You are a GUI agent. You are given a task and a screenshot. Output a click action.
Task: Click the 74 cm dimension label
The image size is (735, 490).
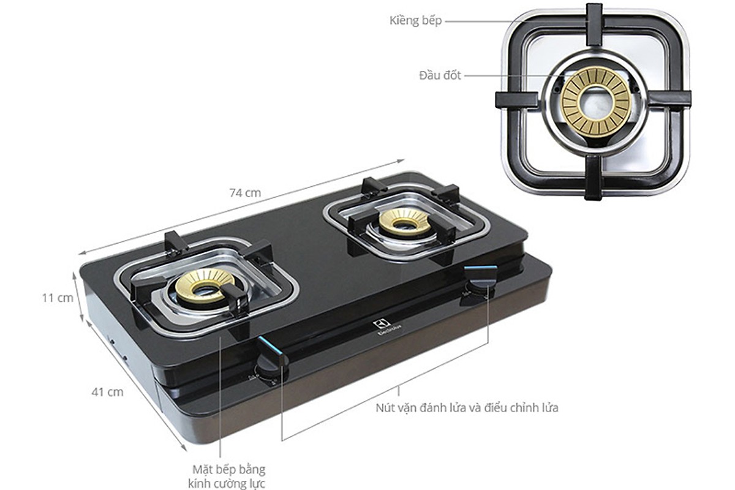245,193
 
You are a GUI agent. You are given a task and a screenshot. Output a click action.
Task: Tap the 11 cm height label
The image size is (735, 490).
58,298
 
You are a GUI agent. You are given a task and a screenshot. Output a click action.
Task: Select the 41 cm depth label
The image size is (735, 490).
107,392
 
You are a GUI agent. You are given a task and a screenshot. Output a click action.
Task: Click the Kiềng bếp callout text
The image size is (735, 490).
415,21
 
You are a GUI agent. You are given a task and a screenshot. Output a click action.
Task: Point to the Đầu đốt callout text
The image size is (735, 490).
440,75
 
